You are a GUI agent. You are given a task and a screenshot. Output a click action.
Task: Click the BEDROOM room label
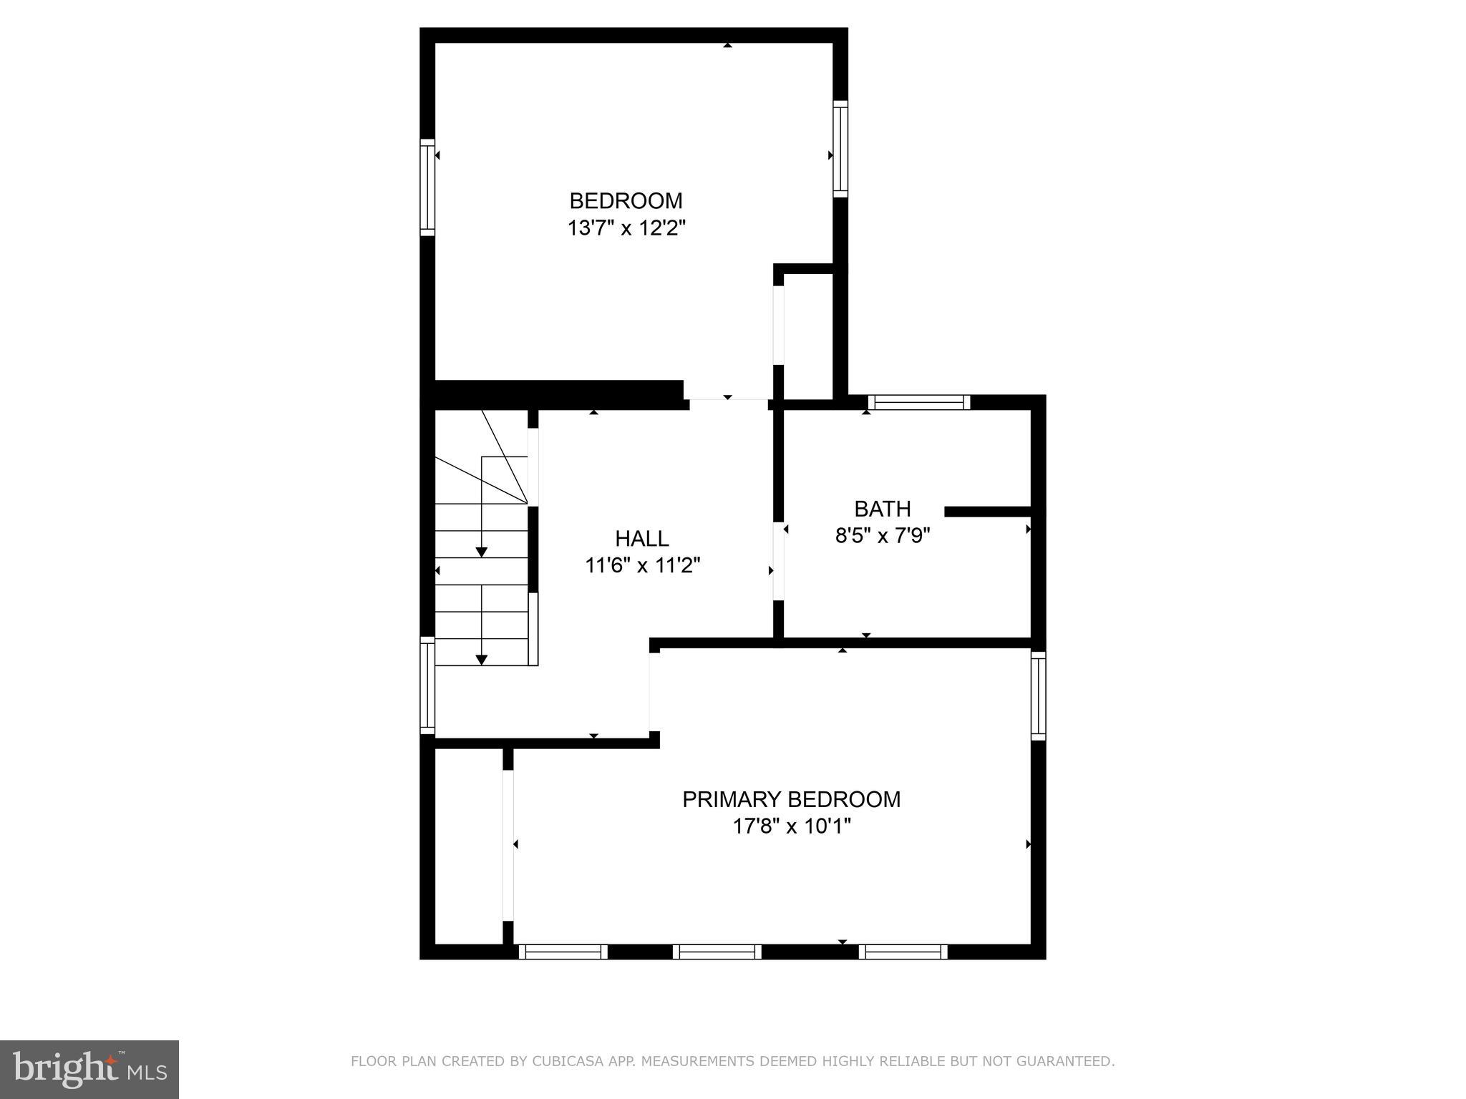[x=626, y=200]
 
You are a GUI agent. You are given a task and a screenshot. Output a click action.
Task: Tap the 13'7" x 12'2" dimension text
[x=626, y=228]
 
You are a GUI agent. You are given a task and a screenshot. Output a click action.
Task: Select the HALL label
[x=642, y=538]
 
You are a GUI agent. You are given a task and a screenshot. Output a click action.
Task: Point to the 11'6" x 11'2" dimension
[x=642, y=566]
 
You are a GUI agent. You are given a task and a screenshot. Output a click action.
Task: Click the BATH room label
[x=883, y=509]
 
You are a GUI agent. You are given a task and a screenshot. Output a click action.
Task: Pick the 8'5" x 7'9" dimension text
[x=883, y=536]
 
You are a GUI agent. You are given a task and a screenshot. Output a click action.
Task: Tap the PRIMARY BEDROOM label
[x=791, y=799]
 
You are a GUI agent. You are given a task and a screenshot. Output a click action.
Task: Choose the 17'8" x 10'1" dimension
[x=791, y=827]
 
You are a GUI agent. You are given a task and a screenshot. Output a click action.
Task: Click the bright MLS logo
[x=89, y=1069]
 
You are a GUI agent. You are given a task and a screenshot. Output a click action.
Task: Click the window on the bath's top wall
[x=919, y=402]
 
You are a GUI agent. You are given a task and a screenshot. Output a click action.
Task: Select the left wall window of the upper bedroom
[x=427, y=187]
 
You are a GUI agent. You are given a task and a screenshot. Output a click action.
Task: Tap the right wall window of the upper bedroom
[x=840, y=149]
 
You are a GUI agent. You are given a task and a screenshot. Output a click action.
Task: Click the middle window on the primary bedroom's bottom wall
[x=717, y=952]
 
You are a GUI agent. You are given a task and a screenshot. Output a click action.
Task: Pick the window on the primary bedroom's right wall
[x=1038, y=695]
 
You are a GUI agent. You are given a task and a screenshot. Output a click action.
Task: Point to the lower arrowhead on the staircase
[x=482, y=660]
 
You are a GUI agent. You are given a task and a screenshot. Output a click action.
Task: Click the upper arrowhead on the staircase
[x=482, y=552]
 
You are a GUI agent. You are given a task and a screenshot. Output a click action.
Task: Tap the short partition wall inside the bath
[x=987, y=512]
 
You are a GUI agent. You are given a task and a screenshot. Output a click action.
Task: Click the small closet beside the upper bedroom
[x=808, y=336]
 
